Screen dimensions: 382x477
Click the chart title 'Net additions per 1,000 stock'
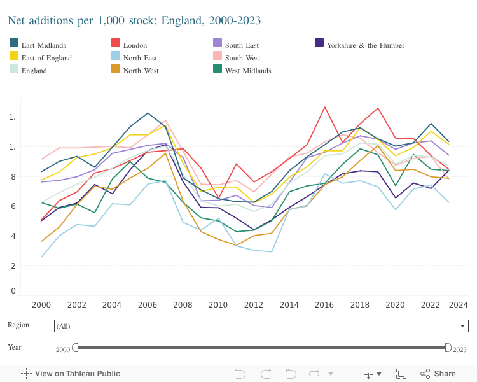tap(134, 21)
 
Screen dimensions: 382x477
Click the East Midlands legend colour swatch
tap(13, 43)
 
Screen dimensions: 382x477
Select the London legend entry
tap(135, 45)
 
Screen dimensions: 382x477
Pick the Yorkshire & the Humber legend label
tap(365, 45)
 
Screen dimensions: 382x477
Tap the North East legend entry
tap(141, 58)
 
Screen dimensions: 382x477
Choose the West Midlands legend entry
tap(247, 71)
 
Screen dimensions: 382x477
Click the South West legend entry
tap(242, 58)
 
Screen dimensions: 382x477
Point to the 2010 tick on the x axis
tap(218, 304)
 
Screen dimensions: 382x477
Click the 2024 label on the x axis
tap(457, 304)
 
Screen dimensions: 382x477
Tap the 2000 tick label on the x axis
tap(43, 304)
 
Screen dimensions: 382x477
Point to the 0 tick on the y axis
tap(12, 291)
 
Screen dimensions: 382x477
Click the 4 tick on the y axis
tap(12, 236)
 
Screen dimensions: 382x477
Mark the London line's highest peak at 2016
tap(324, 107)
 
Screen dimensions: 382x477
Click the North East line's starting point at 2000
tap(43, 257)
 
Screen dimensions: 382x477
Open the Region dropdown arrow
tap(462, 326)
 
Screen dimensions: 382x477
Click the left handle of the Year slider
tap(75, 348)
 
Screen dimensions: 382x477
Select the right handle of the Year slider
tap(447, 348)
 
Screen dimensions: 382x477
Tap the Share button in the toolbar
tap(438, 374)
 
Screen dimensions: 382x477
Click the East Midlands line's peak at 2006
tap(148, 113)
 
